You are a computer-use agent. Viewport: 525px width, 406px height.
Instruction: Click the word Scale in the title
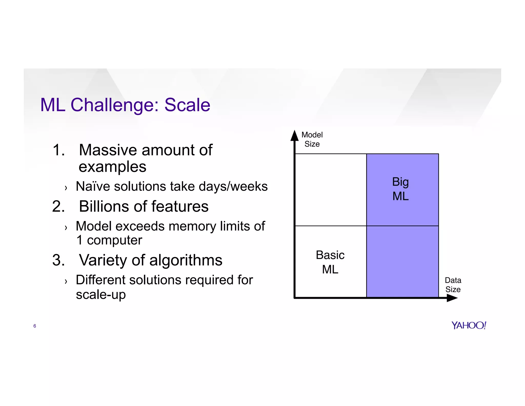187,105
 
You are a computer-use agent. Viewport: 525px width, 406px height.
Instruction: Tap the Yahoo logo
469,325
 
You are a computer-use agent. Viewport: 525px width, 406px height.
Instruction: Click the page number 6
35,326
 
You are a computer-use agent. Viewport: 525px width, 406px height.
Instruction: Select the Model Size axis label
312,139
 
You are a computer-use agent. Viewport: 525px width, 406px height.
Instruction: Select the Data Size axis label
453,285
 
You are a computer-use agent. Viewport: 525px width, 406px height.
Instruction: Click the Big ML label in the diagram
400,189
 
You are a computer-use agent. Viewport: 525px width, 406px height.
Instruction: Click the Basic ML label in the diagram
330,262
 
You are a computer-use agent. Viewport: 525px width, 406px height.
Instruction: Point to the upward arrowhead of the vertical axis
295,136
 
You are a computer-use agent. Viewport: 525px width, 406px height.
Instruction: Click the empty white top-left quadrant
331,190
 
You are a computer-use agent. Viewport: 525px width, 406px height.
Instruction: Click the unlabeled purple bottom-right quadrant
402,262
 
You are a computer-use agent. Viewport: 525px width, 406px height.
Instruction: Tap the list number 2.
58,206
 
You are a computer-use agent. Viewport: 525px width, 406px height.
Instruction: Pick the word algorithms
186,260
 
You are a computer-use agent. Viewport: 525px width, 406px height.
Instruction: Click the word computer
114,240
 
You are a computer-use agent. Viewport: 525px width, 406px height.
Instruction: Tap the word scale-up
101,295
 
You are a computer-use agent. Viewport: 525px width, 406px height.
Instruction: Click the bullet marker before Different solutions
66,281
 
